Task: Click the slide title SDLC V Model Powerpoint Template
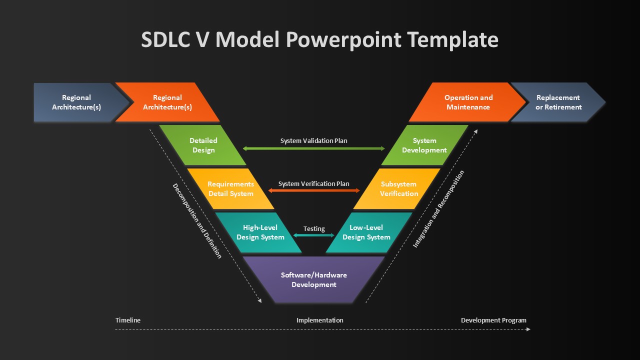coord(319,39)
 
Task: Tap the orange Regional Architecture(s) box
coord(167,102)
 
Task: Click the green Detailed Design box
coord(203,145)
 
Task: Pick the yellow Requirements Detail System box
coord(231,189)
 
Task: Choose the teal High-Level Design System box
coord(259,232)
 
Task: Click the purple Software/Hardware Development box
coord(313,279)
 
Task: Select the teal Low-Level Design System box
coord(368,232)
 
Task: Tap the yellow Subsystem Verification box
coord(397,189)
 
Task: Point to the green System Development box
coord(424,145)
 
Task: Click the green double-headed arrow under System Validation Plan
coord(313,148)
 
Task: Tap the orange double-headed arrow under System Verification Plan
coord(314,190)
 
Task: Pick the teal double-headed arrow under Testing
coord(314,235)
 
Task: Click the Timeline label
coord(128,320)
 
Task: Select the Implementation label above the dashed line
coord(319,320)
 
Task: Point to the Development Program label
coord(493,320)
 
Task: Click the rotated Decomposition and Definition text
coord(197,221)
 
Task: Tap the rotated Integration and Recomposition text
coord(438,209)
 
